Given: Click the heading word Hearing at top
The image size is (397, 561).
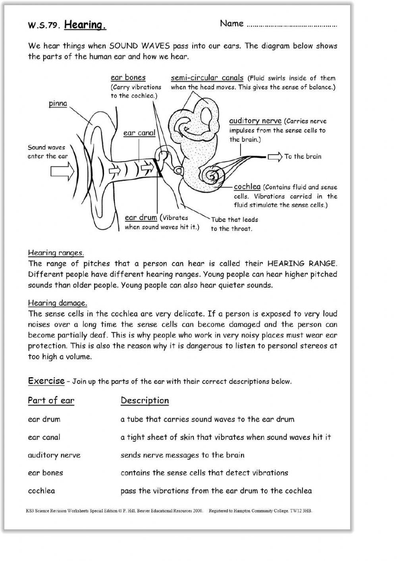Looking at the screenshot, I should tap(85, 25).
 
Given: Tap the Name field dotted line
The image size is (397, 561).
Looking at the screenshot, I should tap(291, 25).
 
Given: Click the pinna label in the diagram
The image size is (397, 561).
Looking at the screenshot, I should tap(58, 104).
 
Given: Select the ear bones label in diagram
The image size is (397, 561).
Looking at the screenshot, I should tap(128, 77).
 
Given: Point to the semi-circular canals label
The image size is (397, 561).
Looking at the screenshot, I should tap(207, 78).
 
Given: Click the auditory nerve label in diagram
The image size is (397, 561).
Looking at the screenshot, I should tap(255, 121).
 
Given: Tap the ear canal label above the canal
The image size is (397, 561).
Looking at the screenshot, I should tap(139, 133).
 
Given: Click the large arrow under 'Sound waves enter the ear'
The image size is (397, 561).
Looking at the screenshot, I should tap(62, 172).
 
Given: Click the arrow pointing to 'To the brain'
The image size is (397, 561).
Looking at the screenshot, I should tap(275, 156).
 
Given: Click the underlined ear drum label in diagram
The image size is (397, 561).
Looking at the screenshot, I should tap(141, 218).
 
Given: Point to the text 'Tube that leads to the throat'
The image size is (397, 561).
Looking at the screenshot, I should tap(234, 224).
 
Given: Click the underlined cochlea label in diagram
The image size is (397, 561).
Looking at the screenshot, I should tap(247, 187).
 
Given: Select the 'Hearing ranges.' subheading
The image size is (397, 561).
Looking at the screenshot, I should tap(56, 253).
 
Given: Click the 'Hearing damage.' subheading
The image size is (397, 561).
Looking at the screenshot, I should tap(57, 303).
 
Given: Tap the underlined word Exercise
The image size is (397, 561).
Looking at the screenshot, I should tap(46, 381).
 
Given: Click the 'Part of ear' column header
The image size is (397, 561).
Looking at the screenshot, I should tap(51, 400).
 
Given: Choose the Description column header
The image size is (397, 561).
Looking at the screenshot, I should tap(145, 400).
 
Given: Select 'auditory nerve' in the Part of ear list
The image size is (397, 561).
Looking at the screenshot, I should tap(54, 455).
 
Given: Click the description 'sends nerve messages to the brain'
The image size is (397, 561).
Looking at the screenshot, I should tap(182, 455).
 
